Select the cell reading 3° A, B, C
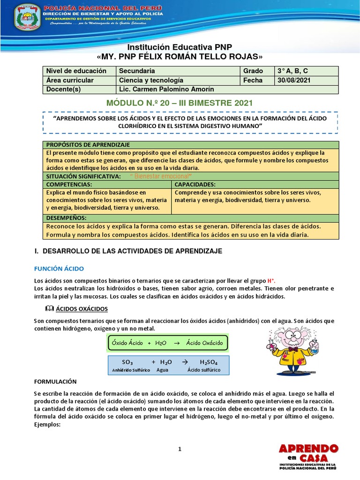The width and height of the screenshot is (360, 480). (292, 71)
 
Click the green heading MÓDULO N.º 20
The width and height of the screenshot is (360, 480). (180, 103)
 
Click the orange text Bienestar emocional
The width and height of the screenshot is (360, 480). (160, 176)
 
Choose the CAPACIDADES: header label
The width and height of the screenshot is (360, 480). (195, 184)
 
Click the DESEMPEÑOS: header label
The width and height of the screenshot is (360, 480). (66, 218)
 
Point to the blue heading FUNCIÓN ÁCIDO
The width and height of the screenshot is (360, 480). (59, 269)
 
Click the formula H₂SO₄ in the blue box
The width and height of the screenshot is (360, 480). (208, 362)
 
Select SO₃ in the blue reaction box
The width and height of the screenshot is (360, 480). (127, 362)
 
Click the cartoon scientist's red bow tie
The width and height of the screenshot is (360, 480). (292, 349)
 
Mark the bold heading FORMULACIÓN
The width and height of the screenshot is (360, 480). (55, 382)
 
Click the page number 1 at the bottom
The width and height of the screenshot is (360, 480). (180, 449)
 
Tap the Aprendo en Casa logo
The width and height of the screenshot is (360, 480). (308, 457)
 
